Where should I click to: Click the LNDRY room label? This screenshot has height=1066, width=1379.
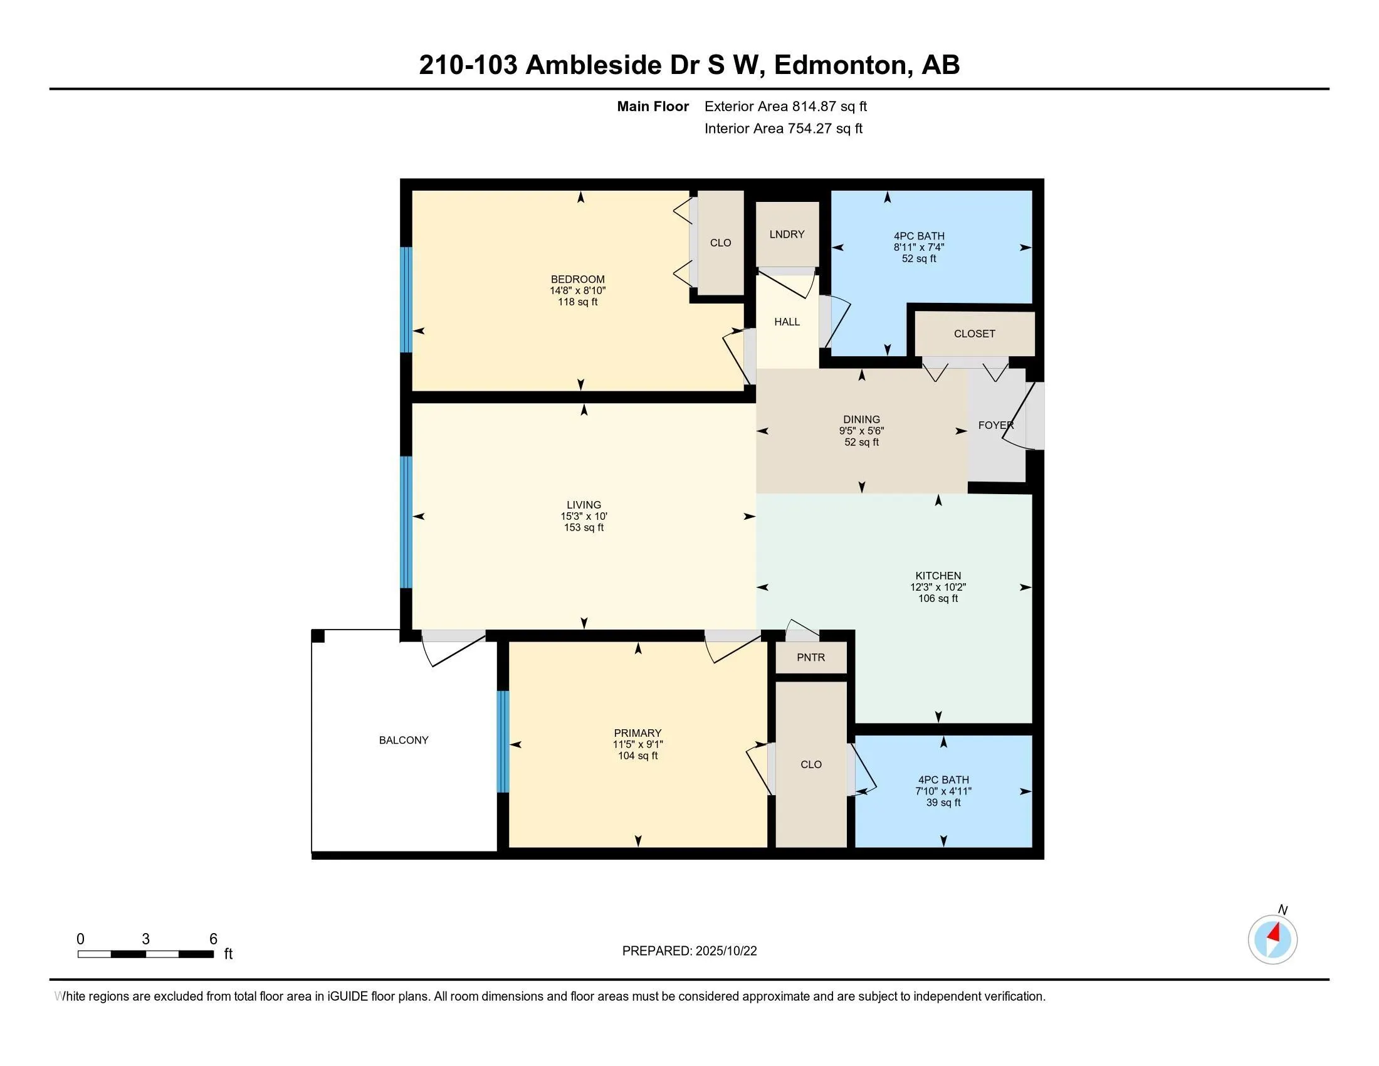[x=787, y=235]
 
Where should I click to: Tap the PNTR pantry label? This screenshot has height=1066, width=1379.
[x=810, y=657]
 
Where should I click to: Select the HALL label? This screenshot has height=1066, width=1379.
[x=787, y=322]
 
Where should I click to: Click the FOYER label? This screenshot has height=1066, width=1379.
[x=996, y=426]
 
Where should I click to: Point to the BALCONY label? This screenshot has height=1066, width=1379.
[x=404, y=740]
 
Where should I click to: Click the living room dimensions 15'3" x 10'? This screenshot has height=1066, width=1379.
[x=584, y=517]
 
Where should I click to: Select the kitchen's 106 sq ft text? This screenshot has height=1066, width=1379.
[x=938, y=599]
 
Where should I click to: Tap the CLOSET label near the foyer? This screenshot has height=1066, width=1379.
[x=974, y=334]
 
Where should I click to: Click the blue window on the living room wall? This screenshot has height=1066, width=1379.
[x=407, y=522]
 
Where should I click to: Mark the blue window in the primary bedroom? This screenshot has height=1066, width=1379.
[x=503, y=741]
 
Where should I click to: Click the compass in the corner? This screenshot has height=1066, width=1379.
[x=1272, y=939]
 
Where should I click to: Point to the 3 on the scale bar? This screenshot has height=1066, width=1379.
[x=146, y=939]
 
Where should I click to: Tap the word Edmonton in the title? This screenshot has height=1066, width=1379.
[x=840, y=65]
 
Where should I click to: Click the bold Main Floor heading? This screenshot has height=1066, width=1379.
[x=653, y=107]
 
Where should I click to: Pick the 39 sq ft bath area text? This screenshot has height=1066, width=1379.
[x=943, y=803]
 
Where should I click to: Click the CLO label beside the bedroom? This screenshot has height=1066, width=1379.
[x=720, y=243]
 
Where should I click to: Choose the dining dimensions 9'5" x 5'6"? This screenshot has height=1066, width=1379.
[x=861, y=431]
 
